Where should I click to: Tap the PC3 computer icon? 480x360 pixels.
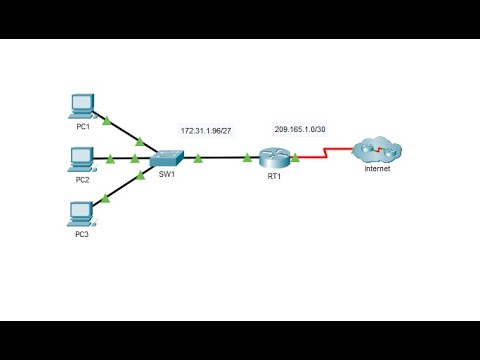[83, 212]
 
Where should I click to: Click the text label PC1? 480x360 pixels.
[84, 126]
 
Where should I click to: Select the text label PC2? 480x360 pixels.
[84, 180]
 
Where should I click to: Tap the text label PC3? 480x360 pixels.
[84, 234]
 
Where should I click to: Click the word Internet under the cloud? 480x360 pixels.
[378, 169]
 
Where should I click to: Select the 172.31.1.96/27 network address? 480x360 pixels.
[207, 131]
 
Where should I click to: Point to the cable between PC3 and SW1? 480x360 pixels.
[120, 187]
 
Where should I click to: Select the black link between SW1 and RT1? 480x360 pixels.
[222, 157]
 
